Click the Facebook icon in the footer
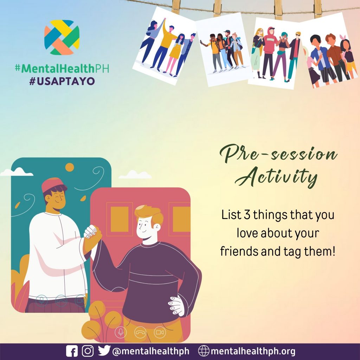pyautogui.click(x=72, y=351)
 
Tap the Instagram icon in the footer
pyautogui.click(x=88, y=351)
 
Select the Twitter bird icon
pyautogui.click(x=104, y=351)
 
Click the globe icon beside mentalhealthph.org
pyautogui.click(x=204, y=351)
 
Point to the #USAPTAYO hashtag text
pyautogui.click(x=62, y=81)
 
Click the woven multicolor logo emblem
pyautogui.click(x=62, y=37)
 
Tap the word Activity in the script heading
pyautogui.click(x=276, y=177)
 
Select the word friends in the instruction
pyautogui.click(x=239, y=251)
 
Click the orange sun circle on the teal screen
pyautogui.click(x=70, y=167)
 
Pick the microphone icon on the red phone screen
pyautogui.click(x=121, y=332)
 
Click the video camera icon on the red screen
pyautogui.click(x=160, y=332)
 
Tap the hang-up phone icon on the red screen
pyautogui.click(x=140, y=332)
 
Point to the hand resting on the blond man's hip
pyautogui.click(x=176, y=306)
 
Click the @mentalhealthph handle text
pyautogui.click(x=151, y=351)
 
